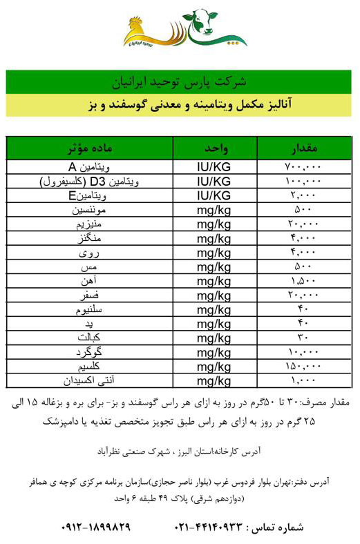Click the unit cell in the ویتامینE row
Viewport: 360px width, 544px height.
point(214,195)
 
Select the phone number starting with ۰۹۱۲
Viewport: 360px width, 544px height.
point(97,527)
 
